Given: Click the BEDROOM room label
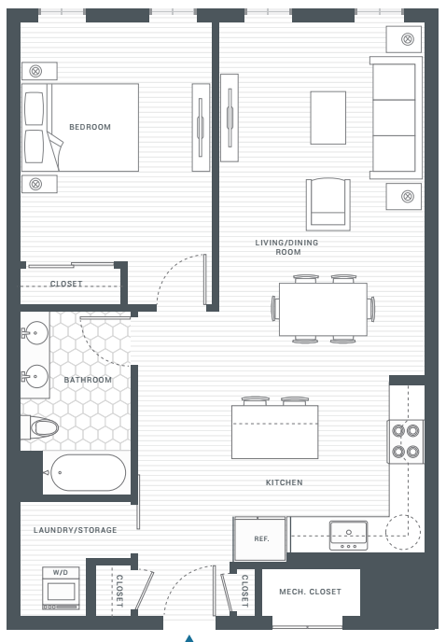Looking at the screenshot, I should point(90,127).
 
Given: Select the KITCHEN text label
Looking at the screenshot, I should point(284,482).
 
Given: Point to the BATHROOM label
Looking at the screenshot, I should point(88,380).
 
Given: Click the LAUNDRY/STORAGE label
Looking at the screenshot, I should point(76,530).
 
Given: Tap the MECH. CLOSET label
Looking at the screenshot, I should point(310,592).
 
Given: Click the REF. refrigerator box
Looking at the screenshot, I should point(261,538).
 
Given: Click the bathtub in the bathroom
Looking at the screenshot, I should point(85,473).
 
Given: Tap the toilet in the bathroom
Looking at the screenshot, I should point(41,427).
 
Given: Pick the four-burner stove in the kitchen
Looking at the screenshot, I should point(405,440).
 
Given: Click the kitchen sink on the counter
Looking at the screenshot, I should point(347,535).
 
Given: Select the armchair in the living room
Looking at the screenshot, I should point(328,203).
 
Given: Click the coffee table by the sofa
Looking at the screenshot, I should point(328,118).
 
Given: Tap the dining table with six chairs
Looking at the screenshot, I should point(322,308).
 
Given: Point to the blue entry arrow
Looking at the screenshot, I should point(189,638).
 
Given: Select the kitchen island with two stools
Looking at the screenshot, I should point(272,430).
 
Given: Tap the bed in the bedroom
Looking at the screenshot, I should point(81,127).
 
